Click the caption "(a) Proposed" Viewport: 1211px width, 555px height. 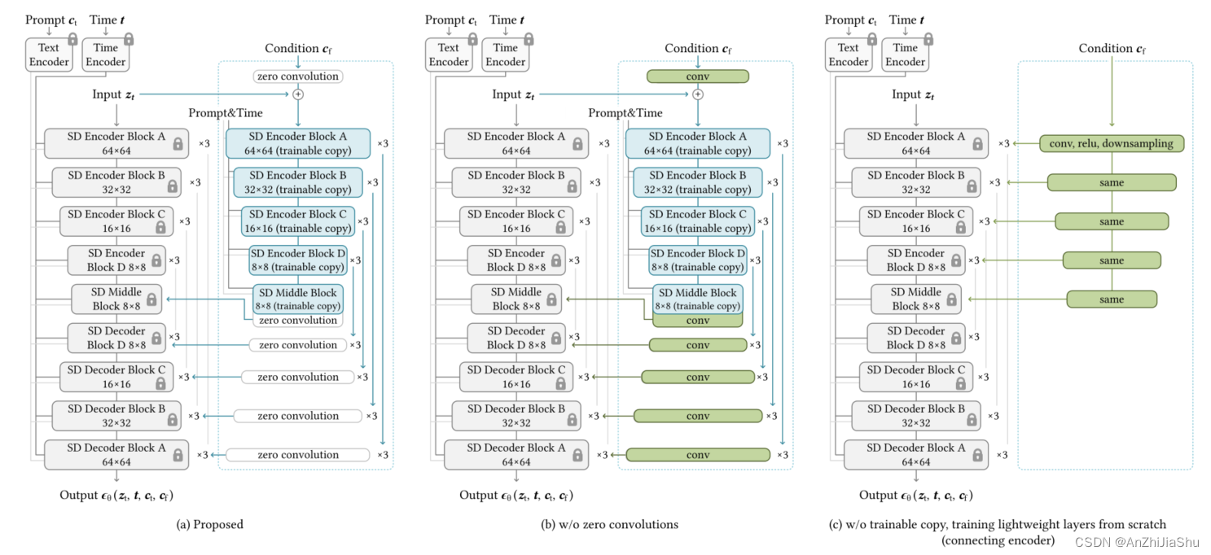tap(209, 525)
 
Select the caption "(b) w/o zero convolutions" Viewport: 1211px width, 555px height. tap(609, 525)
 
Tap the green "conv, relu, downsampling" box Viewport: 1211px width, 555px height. tap(1111, 143)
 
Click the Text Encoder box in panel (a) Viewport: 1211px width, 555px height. tap(48, 55)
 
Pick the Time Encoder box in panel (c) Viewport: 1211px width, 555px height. tap(905, 55)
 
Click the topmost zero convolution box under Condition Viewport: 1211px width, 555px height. tap(297, 76)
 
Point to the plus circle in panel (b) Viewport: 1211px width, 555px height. tap(697, 94)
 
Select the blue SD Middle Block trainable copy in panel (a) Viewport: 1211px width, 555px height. tap(297, 299)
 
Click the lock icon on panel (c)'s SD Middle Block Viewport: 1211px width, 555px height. tap(950, 299)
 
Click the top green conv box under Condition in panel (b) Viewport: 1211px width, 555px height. tap(697, 76)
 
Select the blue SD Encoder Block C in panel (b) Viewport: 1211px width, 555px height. tap(697, 221)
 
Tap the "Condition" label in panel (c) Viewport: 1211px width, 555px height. tap(1112, 49)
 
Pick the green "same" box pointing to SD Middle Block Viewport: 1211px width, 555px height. tap(1112, 299)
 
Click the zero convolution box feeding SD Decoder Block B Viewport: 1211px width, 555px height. tap(297, 416)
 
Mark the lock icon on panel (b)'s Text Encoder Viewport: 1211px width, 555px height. tap(472, 39)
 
